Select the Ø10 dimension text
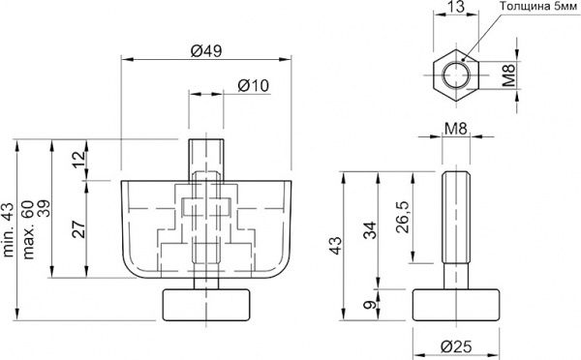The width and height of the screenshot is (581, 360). [x=253, y=86]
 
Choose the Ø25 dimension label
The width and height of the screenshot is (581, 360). [x=458, y=346]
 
